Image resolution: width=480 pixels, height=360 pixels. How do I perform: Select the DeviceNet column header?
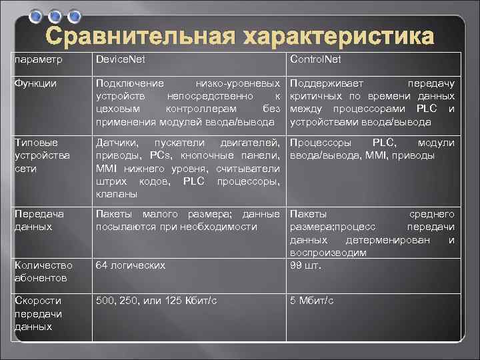(121, 59)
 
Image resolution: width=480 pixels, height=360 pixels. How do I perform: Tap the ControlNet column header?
(315, 59)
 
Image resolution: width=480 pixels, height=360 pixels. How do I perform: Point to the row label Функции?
(35, 84)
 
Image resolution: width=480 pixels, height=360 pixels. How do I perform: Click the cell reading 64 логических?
(131, 265)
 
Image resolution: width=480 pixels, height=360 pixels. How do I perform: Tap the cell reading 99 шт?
(305, 265)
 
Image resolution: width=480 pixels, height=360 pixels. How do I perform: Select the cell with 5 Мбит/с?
(311, 301)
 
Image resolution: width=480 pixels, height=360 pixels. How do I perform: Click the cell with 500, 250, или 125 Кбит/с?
(157, 301)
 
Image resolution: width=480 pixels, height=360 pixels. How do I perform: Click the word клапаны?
(117, 194)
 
